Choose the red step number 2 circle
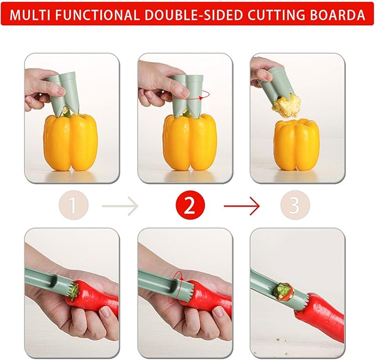(189, 206)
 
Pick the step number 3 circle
(294, 206)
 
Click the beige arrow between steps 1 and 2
(120, 207)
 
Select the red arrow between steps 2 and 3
(241, 207)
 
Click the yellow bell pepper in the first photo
(70, 142)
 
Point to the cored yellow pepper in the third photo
(297, 145)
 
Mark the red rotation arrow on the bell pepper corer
(204, 94)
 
